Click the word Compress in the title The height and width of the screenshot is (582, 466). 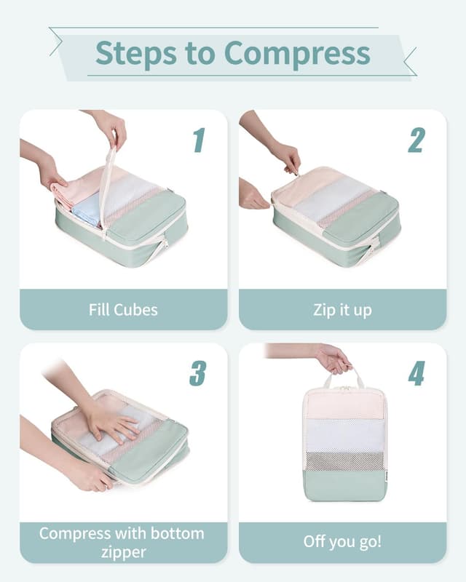pos(296,53)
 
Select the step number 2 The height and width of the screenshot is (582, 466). pos(416,140)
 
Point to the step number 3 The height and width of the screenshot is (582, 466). pos(198,372)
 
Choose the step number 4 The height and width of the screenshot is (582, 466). pos(416,372)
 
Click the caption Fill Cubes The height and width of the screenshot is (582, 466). pos(123,310)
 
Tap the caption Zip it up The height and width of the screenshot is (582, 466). pos(342,310)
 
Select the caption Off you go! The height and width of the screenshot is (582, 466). pos(342,543)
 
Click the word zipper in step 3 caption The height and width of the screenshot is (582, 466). pos(123,553)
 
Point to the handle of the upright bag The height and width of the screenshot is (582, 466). pos(344,378)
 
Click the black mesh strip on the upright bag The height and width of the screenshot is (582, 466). pos(344,461)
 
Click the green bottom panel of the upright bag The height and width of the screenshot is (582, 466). pos(344,485)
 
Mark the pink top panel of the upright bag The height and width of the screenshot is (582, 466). pos(344,404)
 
